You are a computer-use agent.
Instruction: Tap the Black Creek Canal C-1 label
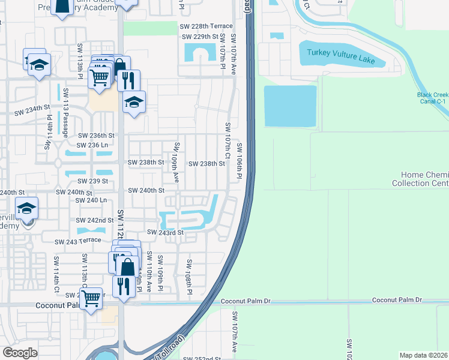(x=433, y=98)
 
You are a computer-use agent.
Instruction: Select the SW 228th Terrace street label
(x=206, y=26)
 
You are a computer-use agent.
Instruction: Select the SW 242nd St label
(x=95, y=221)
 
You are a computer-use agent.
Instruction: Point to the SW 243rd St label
(x=164, y=232)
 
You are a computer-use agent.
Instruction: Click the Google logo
(x=20, y=353)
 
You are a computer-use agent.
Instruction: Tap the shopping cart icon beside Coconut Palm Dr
(x=91, y=298)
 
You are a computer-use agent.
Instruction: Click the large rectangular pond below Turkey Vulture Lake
(x=290, y=106)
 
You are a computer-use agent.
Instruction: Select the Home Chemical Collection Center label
(x=421, y=179)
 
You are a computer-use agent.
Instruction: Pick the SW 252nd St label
(x=202, y=358)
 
